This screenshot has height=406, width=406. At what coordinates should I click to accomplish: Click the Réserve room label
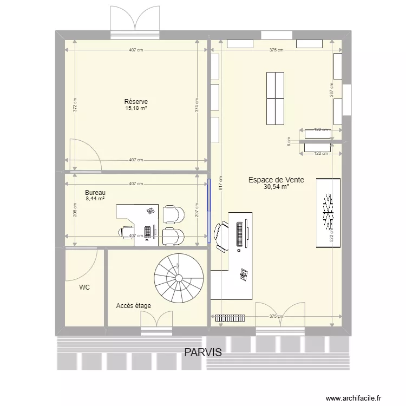point(136,102)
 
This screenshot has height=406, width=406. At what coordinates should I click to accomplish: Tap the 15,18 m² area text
point(136,108)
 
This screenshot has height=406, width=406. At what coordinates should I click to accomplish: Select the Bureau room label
point(95,192)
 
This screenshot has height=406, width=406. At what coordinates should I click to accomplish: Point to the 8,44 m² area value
point(95,199)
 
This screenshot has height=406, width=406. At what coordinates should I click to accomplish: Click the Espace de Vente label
point(276,180)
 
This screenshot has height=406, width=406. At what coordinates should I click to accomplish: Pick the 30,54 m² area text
point(276,187)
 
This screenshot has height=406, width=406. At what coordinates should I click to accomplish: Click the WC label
point(84,287)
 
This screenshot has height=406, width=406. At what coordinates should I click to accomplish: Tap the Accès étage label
point(133,306)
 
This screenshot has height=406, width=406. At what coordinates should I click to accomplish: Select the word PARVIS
point(203,352)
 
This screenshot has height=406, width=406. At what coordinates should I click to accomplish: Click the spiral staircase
point(179,279)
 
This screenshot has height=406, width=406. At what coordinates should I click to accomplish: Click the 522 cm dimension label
point(331,238)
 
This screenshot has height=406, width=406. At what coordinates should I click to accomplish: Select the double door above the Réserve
point(135,22)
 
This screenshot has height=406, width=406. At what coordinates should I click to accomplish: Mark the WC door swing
point(81,265)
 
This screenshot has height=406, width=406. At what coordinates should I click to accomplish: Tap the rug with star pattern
point(328,212)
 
